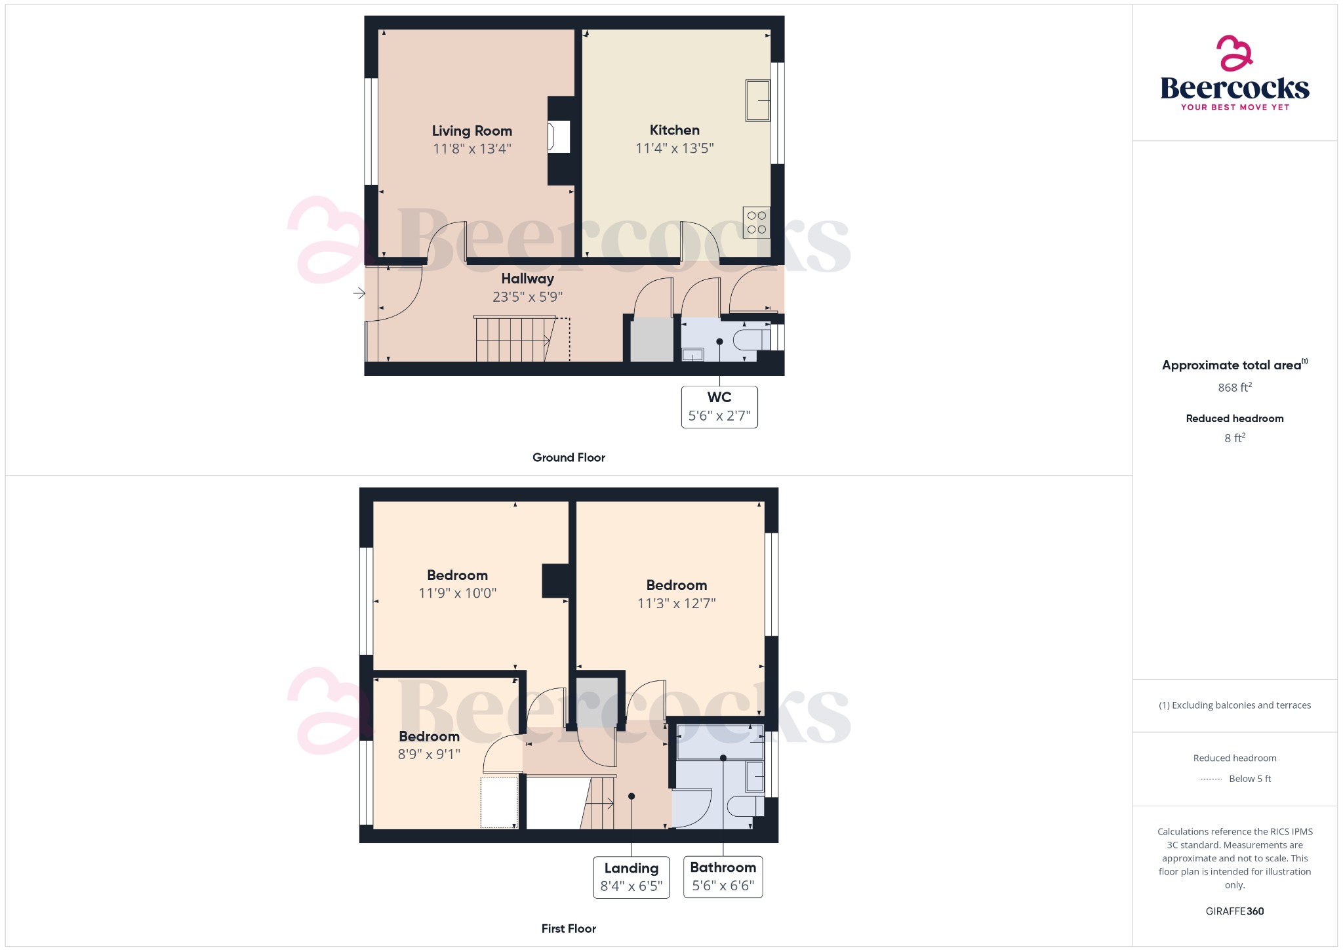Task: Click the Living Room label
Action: point(471,131)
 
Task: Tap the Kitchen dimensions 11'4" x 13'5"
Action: point(674,148)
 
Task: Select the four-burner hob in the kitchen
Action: point(756,222)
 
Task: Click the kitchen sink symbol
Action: point(757,100)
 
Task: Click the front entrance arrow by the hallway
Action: point(359,293)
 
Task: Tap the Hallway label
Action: point(527,279)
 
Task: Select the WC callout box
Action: point(719,407)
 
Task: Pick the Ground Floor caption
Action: point(569,457)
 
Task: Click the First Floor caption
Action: point(569,928)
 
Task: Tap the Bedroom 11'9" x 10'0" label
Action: point(457,575)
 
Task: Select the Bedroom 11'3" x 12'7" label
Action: point(676,585)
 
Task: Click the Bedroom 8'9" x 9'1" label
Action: point(429,737)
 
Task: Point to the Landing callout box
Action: point(631,877)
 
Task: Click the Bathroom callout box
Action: point(723,877)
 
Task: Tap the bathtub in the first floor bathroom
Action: point(720,741)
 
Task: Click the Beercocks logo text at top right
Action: point(1234,89)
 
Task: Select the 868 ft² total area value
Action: point(1234,388)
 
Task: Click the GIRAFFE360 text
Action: point(1234,911)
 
